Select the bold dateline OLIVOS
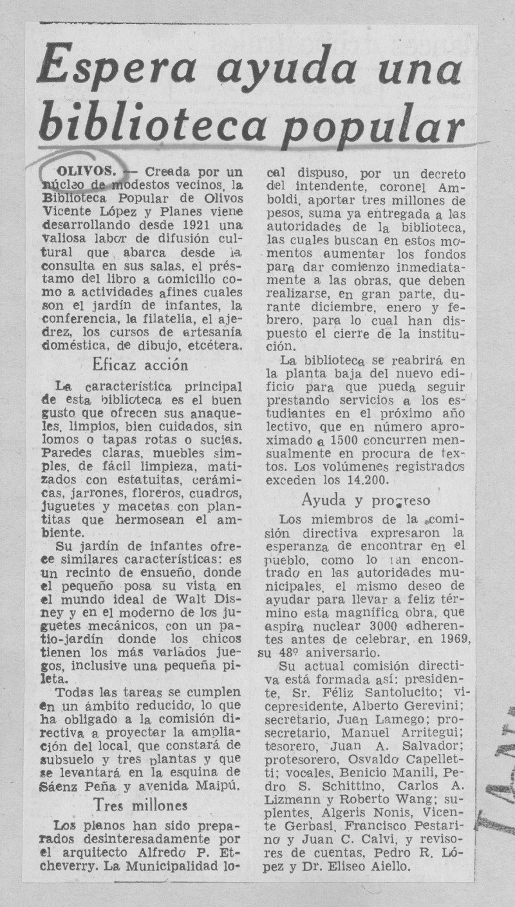pyautogui.click(x=86, y=173)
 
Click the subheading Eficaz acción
pyautogui.click(x=140, y=365)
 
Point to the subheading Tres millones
pyautogui.click(x=140, y=804)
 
